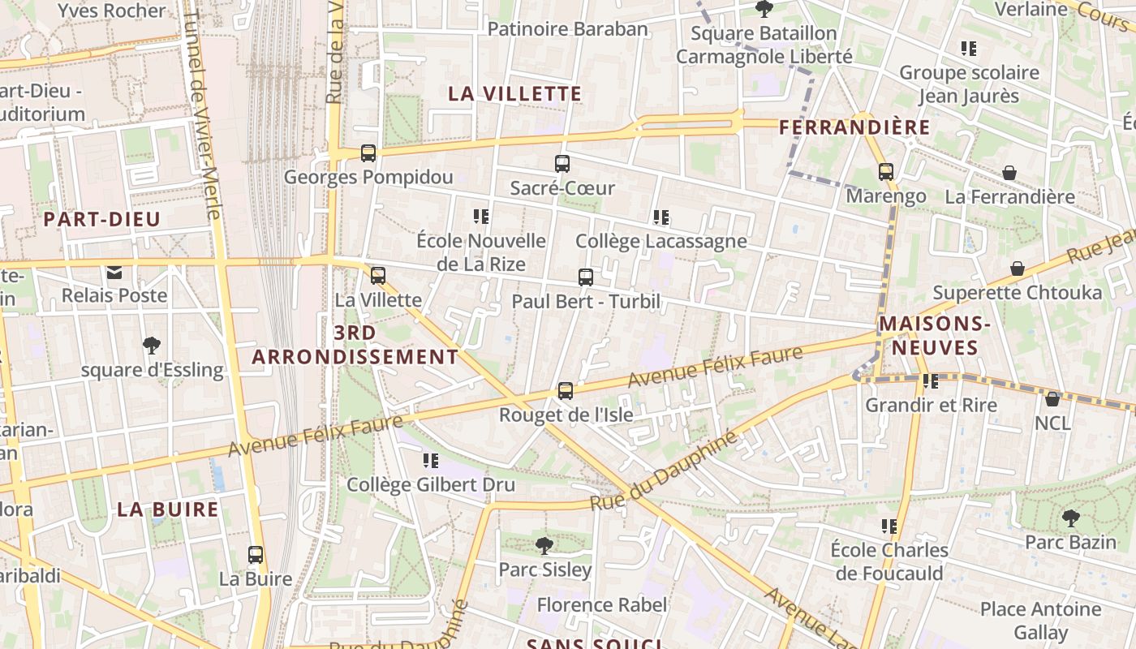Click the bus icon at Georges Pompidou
click(368, 153)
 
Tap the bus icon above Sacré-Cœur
click(562, 164)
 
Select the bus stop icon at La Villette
click(378, 276)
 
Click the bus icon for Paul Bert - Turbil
click(586, 277)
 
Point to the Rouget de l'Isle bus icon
click(566, 391)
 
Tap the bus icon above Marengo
click(886, 172)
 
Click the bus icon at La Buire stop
click(256, 555)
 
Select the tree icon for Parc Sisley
click(544, 545)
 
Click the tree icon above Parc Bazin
click(1071, 518)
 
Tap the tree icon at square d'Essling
click(151, 346)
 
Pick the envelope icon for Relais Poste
click(114, 272)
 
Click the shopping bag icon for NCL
click(1052, 399)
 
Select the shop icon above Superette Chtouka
click(1018, 269)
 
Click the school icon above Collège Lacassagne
click(661, 217)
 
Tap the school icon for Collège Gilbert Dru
click(431, 461)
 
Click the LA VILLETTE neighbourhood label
click(515, 94)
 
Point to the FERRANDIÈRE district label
click(854, 127)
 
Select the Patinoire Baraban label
click(568, 29)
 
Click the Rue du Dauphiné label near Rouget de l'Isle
click(664, 472)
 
